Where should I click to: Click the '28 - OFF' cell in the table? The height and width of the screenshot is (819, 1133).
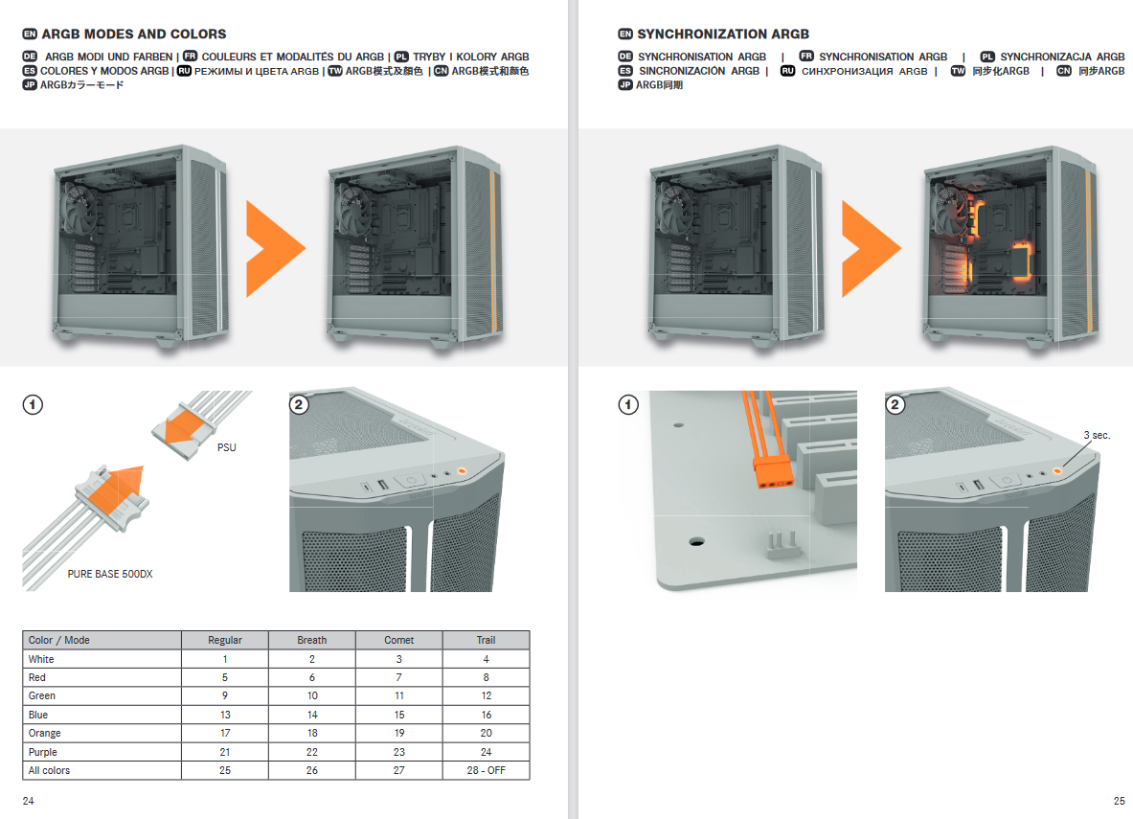[486, 770]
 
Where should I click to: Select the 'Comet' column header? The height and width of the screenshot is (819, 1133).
[398, 641]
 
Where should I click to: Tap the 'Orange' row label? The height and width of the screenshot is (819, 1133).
[45, 733]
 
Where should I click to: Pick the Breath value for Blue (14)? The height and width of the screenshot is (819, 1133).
[312, 715]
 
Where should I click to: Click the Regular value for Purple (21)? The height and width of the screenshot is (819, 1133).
[225, 752]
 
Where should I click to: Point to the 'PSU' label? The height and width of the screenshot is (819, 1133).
[227, 447]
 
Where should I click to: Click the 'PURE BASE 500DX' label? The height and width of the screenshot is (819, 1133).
[110, 574]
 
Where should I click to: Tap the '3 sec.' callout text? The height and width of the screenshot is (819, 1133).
[1097, 435]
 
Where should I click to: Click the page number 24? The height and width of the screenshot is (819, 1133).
[28, 801]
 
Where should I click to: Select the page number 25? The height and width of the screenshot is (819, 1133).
[1120, 801]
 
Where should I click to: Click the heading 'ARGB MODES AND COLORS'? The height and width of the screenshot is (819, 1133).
[134, 34]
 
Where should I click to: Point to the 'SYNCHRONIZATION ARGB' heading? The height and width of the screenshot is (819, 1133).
[723, 34]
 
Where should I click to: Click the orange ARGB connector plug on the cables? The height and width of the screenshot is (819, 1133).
[773, 473]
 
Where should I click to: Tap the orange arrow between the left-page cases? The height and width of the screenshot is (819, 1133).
[275, 249]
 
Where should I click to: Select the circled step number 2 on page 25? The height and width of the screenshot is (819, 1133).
[895, 405]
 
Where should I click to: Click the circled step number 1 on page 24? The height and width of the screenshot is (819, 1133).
[33, 405]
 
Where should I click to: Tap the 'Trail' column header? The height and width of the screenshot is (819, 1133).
[486, 641]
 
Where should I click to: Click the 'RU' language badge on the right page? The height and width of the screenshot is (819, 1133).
[787, 71]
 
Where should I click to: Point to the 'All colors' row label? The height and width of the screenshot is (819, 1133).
[49, 770]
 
